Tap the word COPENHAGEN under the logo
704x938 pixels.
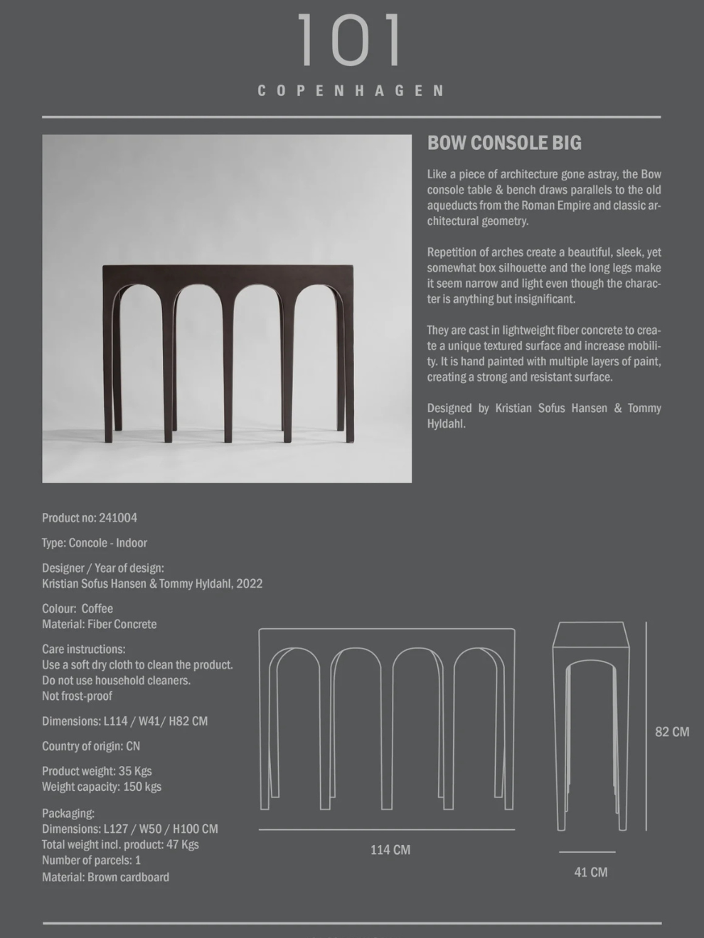(x=351, y=91)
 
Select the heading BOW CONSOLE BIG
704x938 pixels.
(x=504, y=143)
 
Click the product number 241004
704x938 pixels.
(x=118, y=518)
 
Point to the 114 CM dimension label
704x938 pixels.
(x=390, y=850)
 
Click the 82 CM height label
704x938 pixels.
(x=672, y=732)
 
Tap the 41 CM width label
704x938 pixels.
(x=590, y=873)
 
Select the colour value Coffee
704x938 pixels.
(x=97, y=609)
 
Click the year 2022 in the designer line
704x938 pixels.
(x=249, y=584)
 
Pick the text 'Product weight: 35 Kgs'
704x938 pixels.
(x=97, y=771)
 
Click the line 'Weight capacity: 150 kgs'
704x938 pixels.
(x=101, y=787)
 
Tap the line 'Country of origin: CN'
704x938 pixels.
(x=91, y=746)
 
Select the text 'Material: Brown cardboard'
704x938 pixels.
(x=105, y=878)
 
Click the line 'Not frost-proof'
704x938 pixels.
(x=77, y=696)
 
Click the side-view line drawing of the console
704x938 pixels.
(x=591, y=725)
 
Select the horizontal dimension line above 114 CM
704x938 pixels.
(x=386, y=829)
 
